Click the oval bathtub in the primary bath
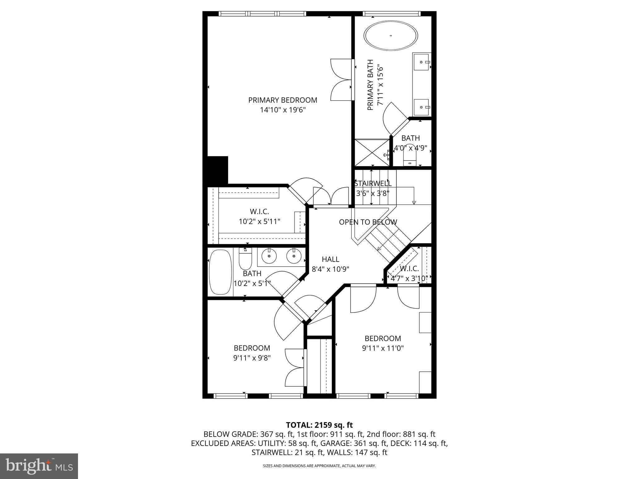pyautogui.click(x=391, y=36)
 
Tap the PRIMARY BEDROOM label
pyautogui.click(x=282, y=100)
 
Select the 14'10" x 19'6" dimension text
pyautogui.click(x=282, y=110)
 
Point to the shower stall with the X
pyautogui.click(x=372, y=152)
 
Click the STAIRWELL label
pyautogui.click(x=373, y=183)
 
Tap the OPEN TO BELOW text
pyautogui.click(x=368, y=222)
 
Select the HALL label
pyautogui.click(x=330, y=259)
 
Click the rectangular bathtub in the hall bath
pyautogui.click(x=220, y=272)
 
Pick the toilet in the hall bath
pyautogui.click(x=245, y=260)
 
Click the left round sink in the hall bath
pyautogui.click(x=269, y=257)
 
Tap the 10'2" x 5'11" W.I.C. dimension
pyautogui.click(x=259, y=221)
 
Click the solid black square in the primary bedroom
pyautogui.click(x=218, y=170)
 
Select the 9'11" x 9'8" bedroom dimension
pyautogui.click(x=252, y=357)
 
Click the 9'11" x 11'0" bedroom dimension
pyautogui.click(x=383, y=348)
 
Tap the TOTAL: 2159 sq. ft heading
pyautogui.click(x=319, y=425)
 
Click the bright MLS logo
pyautogui.click(x=39, y=466)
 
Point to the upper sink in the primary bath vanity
pyautogui.click(x=421, y=62)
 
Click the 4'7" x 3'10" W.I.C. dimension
pyautogui.click(x=409, y=278)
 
